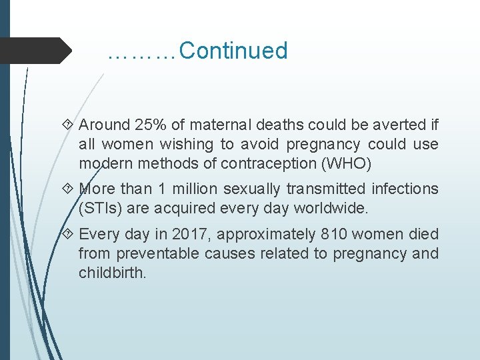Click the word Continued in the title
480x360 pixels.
point(233,51)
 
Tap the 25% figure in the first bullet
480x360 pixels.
point(151,125)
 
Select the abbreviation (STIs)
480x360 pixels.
point(99,208)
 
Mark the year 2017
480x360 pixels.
point(189,234)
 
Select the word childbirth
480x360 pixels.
point(112,273)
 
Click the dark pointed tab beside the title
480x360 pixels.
point(37,51)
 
